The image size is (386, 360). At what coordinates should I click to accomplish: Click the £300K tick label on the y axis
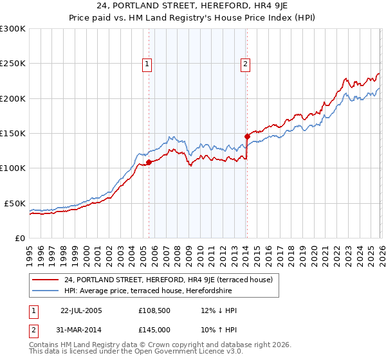[13, 29]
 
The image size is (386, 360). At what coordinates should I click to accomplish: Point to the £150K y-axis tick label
[13, 134]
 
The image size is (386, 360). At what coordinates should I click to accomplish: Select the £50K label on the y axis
[15, 203]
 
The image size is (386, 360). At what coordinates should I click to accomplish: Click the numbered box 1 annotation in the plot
[148, 64]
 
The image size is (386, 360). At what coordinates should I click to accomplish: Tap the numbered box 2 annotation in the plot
[246, 64]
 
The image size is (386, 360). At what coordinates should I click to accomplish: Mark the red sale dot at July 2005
[149, 163]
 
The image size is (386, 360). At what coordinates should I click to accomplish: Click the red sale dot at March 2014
[247, 136]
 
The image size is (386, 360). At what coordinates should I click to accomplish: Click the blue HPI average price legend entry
[154, 291]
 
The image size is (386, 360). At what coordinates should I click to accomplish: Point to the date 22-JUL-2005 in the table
[80, 310]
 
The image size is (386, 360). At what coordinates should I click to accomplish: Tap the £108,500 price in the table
[154, 310]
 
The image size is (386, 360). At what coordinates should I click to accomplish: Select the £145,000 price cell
[154, 329]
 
